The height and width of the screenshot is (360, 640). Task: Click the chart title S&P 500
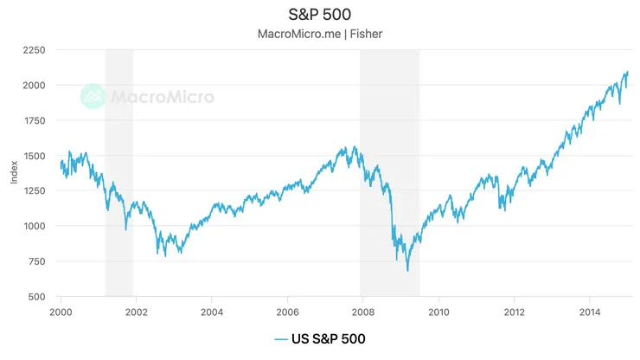pos(319,15)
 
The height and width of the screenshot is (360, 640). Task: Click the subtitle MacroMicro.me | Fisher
pos(319,35)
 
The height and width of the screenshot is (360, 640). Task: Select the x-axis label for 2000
pos(61,312)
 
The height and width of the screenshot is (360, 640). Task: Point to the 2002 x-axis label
pos(136,312)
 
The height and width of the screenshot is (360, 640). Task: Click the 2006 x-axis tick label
pos(287,312)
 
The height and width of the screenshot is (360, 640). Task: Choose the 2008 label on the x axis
pos(362,312)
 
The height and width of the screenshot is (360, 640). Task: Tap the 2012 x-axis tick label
pos(515,312)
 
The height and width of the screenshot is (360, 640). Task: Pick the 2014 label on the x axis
pos(590,312)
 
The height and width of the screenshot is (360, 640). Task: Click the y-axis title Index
pos(13,173)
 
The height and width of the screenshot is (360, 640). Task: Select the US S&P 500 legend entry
pos(319,338)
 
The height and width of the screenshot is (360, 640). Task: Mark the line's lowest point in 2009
pos(407,271)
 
